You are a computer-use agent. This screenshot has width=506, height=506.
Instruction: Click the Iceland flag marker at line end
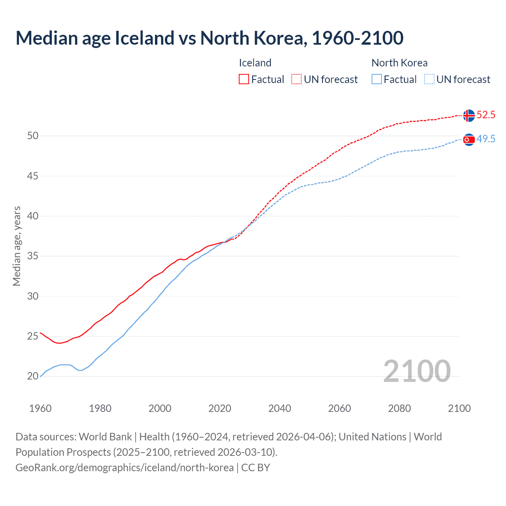pyautogui.click(x=469, y=115)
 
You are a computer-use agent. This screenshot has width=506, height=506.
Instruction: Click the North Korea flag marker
pyautogui.click(x=469, y=140)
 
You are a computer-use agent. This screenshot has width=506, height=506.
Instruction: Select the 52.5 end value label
pyautogui.click(x=486, y=115)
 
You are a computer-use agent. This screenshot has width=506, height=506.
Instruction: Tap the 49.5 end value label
pyautogui.click(x=486, y=139)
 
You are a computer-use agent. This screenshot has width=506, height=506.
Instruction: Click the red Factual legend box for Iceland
pyautogui.click(x=244, y=79)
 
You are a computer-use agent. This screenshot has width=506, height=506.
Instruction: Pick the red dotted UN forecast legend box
pyautogui.click(x=296, y=79)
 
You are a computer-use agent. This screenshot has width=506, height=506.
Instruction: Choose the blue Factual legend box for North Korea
pyautogui.click(x=377, y=79)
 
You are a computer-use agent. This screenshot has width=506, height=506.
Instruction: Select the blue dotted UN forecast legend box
pyautogui.click(x=429, y=79)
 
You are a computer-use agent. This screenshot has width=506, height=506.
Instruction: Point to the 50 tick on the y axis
pyautogui.click(x=33, y=136)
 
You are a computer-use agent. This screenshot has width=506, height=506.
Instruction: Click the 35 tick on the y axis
pyautogui.click(x=33, y=256)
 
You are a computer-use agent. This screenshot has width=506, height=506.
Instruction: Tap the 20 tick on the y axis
pyautogui.click(x=33, y=376)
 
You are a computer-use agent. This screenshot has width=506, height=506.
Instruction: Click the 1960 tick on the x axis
pyautogui.click(x=40, y=408)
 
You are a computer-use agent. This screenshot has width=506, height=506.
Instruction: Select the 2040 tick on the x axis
pyautogui.click(x=279, y=408)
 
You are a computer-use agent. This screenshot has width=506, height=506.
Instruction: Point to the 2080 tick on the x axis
pyautogui.click(x=399, y=408)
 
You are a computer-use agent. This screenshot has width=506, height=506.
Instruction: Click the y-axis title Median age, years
pyautogui.click(x=17, y=246)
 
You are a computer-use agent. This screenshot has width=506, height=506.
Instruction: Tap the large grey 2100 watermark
pyautogui.click(x=417, y=371)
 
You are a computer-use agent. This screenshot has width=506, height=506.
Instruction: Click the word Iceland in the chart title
pyautogui.click(x=144, y=38)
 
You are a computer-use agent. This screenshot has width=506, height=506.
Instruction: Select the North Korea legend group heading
pyautogui.click(x=399, y=63)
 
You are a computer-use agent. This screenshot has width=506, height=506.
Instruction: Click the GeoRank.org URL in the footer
pyautogui.click(x=125, y=468)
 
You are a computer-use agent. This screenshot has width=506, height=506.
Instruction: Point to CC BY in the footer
pyautogui.click(x=256, y=468)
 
